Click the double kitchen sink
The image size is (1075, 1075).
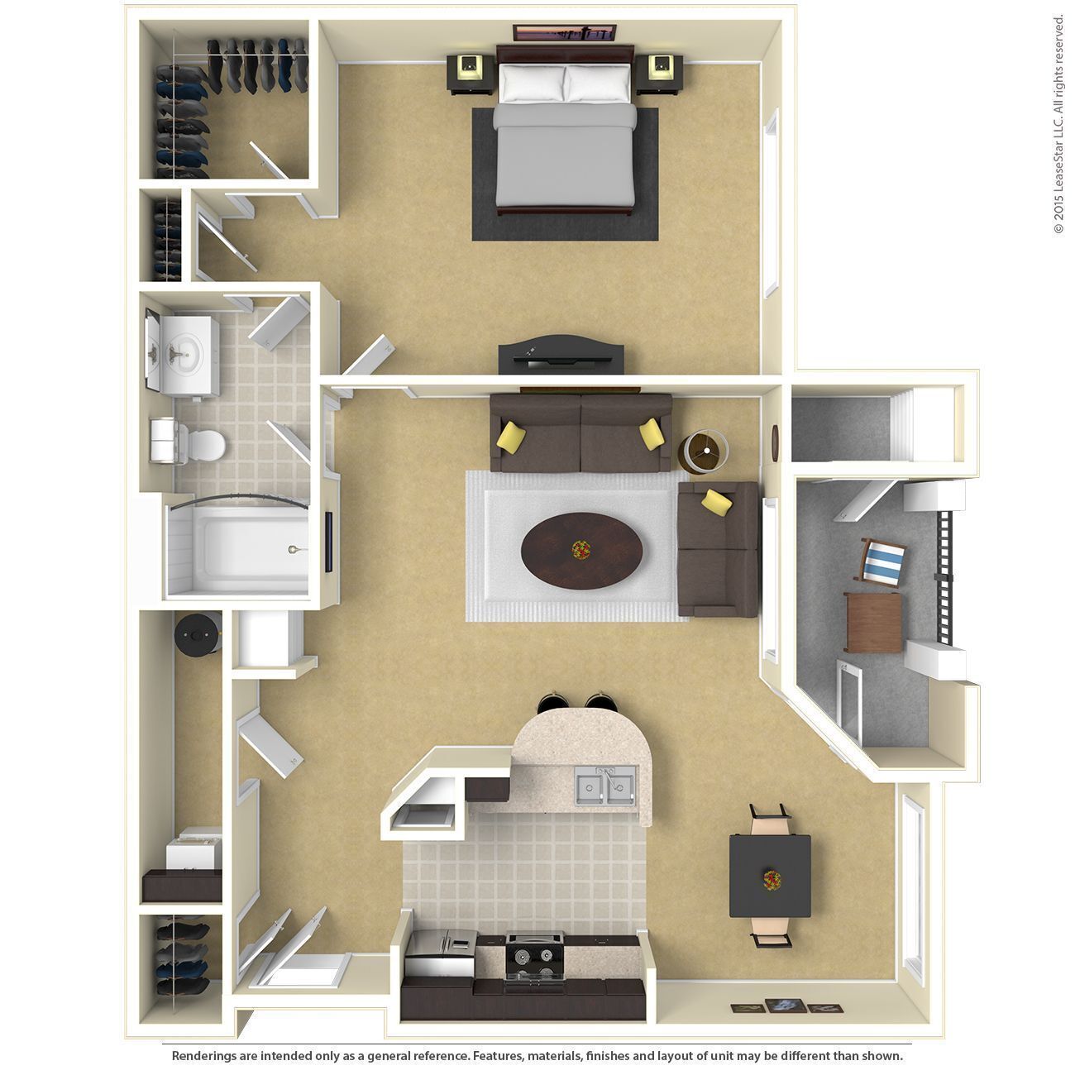click(605, 784)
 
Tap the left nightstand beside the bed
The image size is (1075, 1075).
click(471, 74)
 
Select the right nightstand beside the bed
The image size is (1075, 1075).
click(661, 74)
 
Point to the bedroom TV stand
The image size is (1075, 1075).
click(560, 356)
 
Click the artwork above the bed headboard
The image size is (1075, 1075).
click(566, 34)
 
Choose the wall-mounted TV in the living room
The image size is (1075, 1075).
click(329, 542)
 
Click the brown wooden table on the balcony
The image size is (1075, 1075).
click(874, 622)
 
